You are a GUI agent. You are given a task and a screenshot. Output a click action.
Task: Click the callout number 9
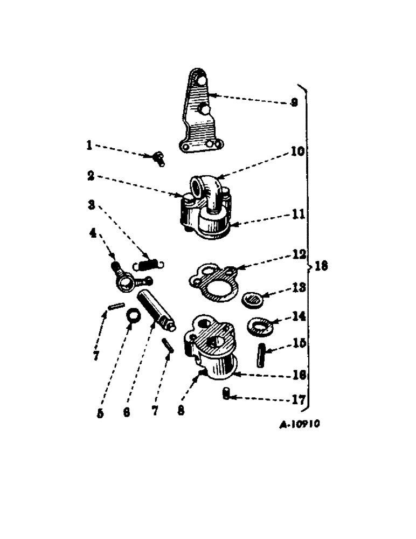pyautogui.click(x=293, y=102)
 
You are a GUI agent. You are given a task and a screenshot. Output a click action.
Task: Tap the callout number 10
pyautogui.click(x=297, y=152)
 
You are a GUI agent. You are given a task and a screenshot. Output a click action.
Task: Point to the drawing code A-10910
pyautogui.click(x=300, y=424)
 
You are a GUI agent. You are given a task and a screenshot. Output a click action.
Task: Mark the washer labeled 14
pyautogui.click(x=261, y=325)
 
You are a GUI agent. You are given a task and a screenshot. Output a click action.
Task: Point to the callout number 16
pyautogui.click(x=299, y=374)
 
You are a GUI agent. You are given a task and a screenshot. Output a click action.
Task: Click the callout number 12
pyautogui.click(x=298, y=254)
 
